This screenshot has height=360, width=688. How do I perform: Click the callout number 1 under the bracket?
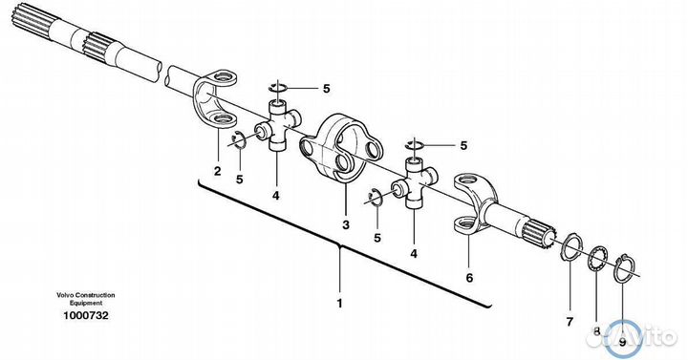coord(339,303)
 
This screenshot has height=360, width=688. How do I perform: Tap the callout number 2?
coord(217,171)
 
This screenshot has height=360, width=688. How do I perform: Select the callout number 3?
coord(346,225)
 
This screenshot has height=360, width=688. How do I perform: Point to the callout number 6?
coord(469,278)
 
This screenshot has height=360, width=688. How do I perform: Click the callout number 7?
coord(570,323)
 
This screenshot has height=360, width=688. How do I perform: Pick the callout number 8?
coord(596,332)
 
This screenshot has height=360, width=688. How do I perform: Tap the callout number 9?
coord(622,343)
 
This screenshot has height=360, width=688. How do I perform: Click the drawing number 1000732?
coord(86,315)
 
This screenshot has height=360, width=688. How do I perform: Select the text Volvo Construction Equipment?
coord(86,299)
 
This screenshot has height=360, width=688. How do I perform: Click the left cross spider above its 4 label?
coord(278,125)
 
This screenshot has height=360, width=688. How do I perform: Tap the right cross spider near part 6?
coord(415,182)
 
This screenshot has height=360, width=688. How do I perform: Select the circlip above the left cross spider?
coord(278,87)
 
